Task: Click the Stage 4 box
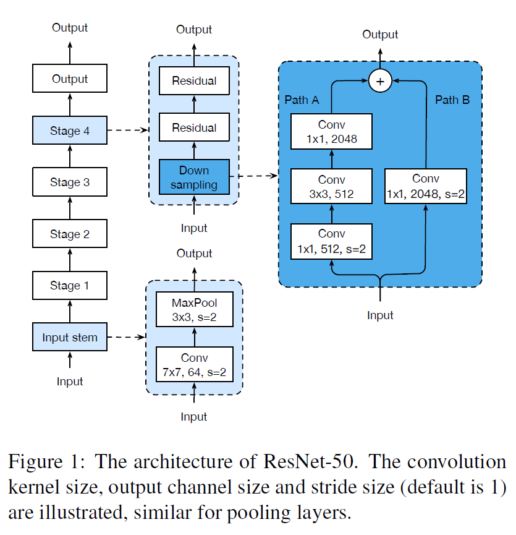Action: coord(70,131)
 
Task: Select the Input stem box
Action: coord(70,338)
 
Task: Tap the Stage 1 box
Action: coord(70,286)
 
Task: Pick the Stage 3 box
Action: coord(70,182)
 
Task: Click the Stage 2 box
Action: coord(70,234)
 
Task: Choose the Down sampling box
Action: coord(194,177)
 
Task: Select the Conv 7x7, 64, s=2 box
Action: coord(195,365)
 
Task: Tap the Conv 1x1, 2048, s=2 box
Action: coord(425,186)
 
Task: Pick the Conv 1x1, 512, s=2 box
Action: coord(332,242)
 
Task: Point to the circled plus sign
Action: coord(380,81)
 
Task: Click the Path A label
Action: coord(302,100)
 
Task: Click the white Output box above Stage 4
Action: coord(70,79)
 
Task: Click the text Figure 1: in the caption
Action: coord(47,462)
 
